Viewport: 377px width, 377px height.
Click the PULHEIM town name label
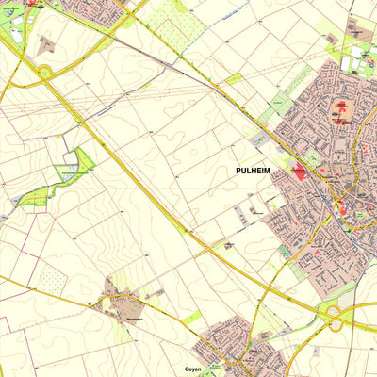255,171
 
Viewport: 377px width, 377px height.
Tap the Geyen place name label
193,369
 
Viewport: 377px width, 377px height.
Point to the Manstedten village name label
135,319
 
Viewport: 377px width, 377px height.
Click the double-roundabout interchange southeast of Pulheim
335,318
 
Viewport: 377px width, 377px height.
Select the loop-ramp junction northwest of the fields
44,73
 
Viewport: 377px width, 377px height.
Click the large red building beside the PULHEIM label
300,172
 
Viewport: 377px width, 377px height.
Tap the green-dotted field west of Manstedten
52,278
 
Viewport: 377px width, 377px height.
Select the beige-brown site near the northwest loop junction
46,43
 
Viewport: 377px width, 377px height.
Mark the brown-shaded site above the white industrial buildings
331,38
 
